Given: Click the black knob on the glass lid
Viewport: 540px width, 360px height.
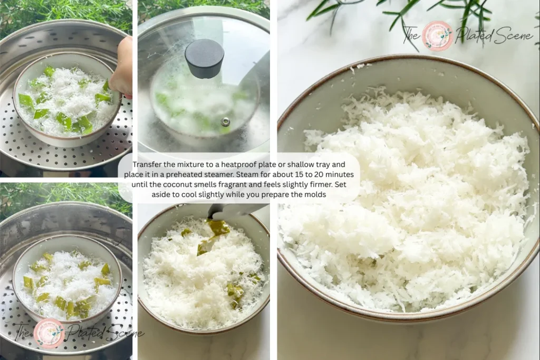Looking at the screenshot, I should pos(204,57).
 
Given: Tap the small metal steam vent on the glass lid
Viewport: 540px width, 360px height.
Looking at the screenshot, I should pos(225,122).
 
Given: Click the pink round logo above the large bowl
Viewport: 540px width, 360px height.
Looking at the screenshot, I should pos(437,35).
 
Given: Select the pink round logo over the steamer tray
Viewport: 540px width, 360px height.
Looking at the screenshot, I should pos(49,333).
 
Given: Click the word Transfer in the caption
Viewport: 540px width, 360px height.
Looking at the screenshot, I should pos(148,164).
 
